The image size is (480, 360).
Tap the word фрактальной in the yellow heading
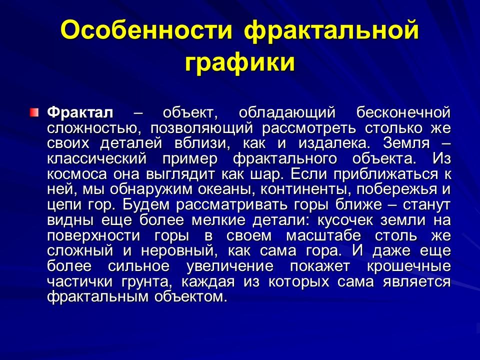point(331,31)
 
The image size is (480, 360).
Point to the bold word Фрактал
point(80,112)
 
